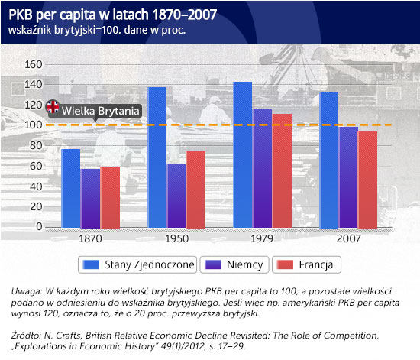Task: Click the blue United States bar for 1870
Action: pyautogui.click(x=71, y=189)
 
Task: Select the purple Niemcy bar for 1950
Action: pyautogui.click(x=176, y=196)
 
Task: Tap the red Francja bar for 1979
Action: pyautogui.click(x=282, y=171)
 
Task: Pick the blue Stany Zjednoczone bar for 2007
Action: pyautogui.click(x=329, y=161)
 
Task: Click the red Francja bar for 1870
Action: pyautogui.click(x=110, y=198)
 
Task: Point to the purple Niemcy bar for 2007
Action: pyautogui.click(x=348, y=177)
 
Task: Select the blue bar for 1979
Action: pyautogui.click(x=243, y=155)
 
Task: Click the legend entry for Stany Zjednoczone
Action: pyautogui.click(x=137, y=264)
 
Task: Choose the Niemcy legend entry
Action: pyautogui.click(x=234, y=264)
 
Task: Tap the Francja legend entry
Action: pyautogui.click(x=306, y=264)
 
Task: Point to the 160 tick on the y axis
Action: pyautogui.click(x=34, y=64)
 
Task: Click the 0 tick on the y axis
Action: pyautogui.click(x=39, y=226)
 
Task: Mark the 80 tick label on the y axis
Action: pyautogui.click(x=36, y=145)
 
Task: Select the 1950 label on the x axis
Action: pyautogui.click(x=176, y=238)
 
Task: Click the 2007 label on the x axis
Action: pyautogui.click(x=348, y=238)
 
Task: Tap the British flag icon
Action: pyautogui.click(x=53, y=107)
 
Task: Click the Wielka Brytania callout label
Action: pyautogui.click(x=101, y=111)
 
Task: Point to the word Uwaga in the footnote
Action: pyautogui.click(x=26, y=291)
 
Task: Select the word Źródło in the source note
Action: pyautogui.click(x=26, y=336)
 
